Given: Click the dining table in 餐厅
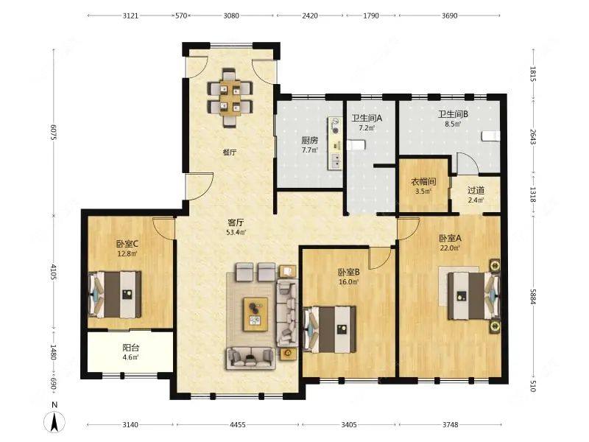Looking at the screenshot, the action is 230,97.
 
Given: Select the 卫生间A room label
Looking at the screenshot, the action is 367,118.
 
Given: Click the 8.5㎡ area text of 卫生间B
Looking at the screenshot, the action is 453,123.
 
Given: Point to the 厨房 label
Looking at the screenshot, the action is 309,141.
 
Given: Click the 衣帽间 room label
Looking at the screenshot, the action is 423,182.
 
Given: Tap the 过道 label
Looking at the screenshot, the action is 476,191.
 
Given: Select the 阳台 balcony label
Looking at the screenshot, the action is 130,348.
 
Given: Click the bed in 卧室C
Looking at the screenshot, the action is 115,295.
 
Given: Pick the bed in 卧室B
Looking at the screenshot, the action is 329,329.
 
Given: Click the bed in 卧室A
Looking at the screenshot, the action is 473,296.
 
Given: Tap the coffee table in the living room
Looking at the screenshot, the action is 255,315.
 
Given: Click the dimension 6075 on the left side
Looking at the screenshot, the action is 53,133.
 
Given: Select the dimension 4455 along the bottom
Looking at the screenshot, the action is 237,425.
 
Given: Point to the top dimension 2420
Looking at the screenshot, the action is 309,15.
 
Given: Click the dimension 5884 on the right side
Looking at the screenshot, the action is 532,296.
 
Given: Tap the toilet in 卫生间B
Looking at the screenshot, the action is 491,136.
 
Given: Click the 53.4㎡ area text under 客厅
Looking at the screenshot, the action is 236,232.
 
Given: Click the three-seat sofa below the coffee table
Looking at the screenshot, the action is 250,358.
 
